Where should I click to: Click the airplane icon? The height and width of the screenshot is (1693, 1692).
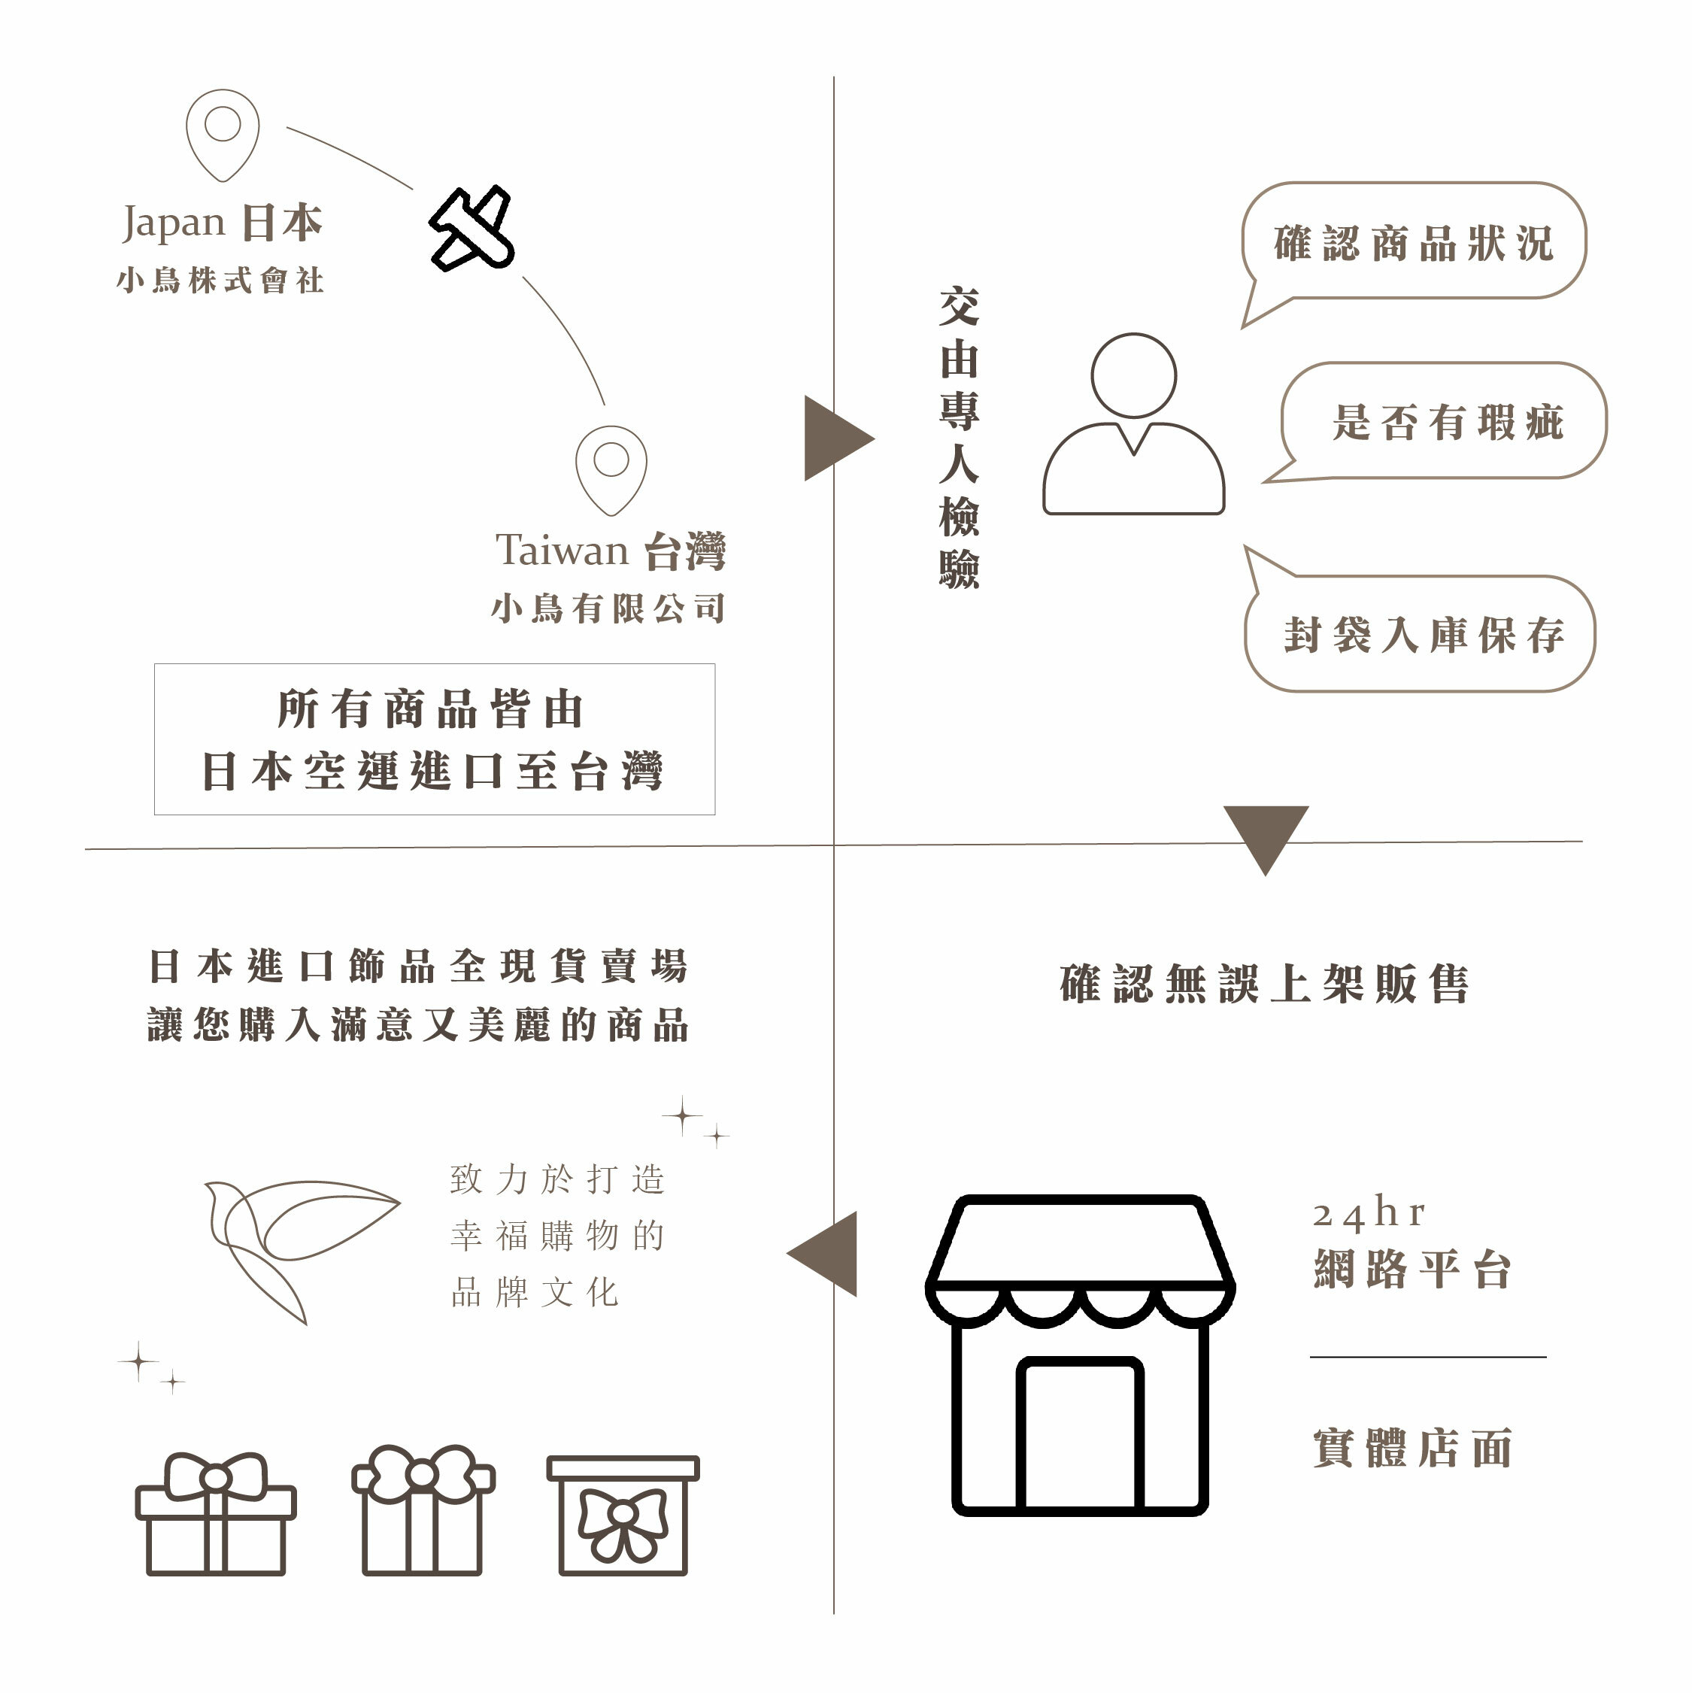pyautogui.click(x=472, y=228)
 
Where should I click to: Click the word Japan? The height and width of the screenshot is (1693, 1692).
pyautogui.click(x=174, y=223)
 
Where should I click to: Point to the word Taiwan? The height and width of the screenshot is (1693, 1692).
pyautogui.click(x=562, y=551)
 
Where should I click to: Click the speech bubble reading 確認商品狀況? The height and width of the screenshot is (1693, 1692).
pyautogui.click(x=1412, y=243)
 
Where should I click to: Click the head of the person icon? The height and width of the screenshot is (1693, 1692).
pyautogui.click(x=1133, y=375)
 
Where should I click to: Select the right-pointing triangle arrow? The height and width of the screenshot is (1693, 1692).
pyautogui.click(x=833, y=438)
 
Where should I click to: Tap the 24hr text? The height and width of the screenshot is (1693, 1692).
pyautogui.click(x=1369, y=1214)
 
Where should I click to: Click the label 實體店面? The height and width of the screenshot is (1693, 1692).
pyautogui.click(x=1412, y=1449)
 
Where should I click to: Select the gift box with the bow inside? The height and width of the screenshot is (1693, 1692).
pyautogui.click(x=623, y=1514)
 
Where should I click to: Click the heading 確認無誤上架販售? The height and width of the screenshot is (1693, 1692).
pyautogui.click(x=1264, y=983)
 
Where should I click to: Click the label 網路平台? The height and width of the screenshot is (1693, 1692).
pyautogui.click(x=1412, y=1269)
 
